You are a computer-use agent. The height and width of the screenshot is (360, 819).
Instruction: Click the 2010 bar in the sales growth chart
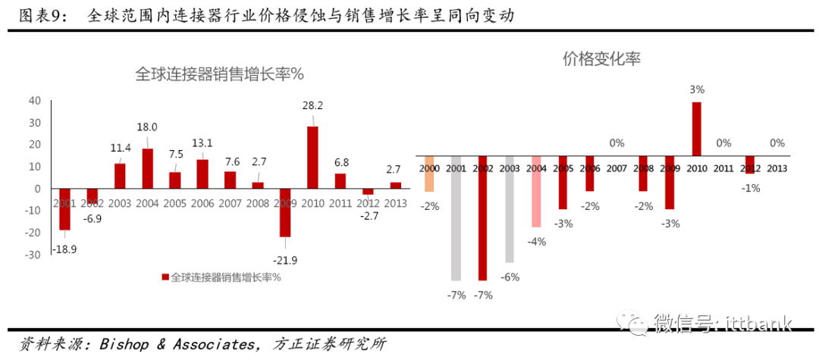(312, 158)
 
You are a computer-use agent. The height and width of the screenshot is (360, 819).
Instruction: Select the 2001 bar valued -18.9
(65, 209)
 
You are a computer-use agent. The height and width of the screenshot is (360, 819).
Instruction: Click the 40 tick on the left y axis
(34, 101)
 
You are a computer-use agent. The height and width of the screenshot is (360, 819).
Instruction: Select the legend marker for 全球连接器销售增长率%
(165, 277)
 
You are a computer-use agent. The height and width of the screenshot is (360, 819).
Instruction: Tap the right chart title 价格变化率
(601, 59)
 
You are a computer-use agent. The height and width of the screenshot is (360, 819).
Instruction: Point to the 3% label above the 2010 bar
(697, 89)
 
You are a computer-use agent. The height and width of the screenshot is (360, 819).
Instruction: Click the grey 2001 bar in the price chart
(456, 219)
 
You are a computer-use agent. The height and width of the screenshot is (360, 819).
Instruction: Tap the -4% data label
(536, 241)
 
